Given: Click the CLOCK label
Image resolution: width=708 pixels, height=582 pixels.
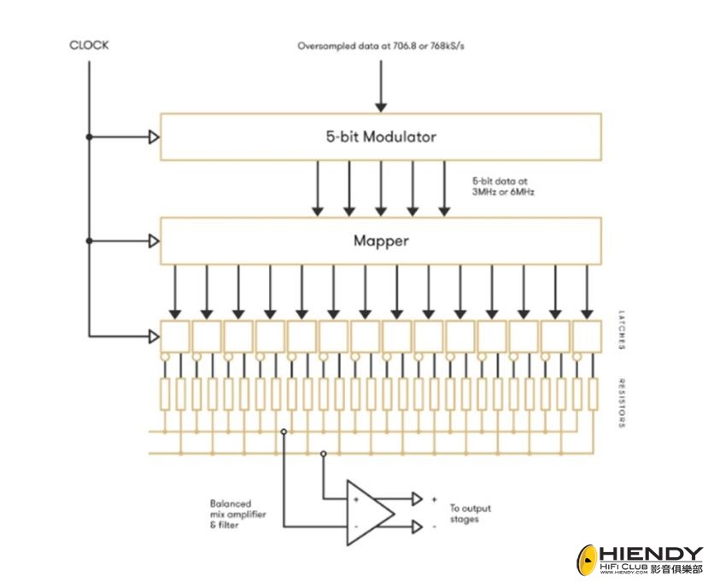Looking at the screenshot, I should point(89,45).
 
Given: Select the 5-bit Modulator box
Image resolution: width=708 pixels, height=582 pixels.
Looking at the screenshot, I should point(381,137).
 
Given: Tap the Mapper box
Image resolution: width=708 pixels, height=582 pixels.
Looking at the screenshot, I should point(381,241).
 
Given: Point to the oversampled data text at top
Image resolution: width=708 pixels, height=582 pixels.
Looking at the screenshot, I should point(381,45).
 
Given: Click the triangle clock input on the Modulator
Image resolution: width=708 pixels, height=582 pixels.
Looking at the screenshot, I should point(154,137).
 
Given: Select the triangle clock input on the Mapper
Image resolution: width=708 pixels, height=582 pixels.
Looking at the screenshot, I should point(154,241).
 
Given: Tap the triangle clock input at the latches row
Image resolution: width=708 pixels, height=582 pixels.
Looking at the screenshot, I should point(154,334).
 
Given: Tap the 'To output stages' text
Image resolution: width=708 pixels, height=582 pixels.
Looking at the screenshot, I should point(471,514).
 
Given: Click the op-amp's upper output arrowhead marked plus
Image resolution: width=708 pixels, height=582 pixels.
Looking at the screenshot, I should point(417,498).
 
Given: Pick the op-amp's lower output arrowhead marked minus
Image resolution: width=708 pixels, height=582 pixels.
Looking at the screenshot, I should point(417,527).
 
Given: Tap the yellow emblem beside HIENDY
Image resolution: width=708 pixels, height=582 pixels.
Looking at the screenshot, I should point(588,560).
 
